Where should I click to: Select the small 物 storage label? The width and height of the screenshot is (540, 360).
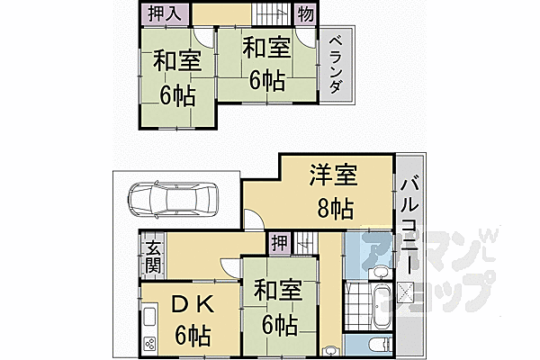click(x=306, y=14)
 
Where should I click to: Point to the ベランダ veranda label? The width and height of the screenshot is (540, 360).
click(x=335, y=63)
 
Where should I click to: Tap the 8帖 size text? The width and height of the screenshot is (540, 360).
click(x=336, y=209)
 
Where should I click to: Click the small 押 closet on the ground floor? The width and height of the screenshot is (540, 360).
click(x=279, y=242)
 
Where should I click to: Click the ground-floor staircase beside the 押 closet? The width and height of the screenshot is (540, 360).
click(x=304, y=241)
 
